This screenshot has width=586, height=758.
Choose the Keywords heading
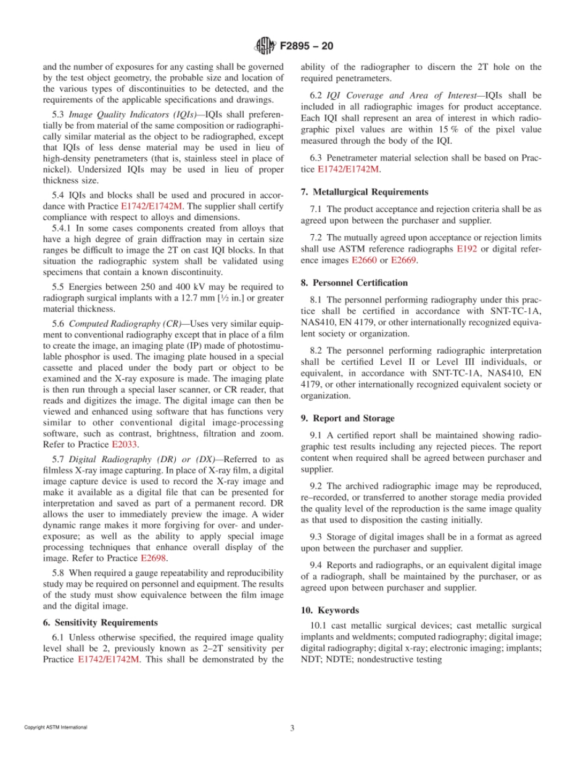point(338,610)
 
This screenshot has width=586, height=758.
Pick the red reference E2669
point(403,261)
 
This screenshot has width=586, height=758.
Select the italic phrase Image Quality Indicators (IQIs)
point(133,114)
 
